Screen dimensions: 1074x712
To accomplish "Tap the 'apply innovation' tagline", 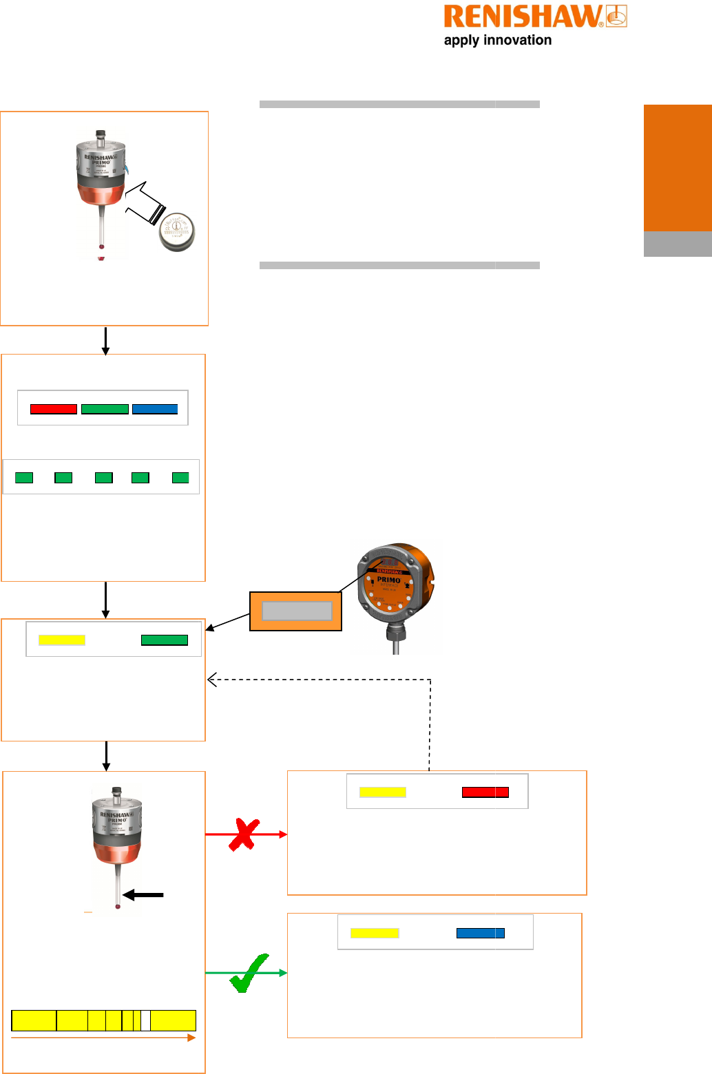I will coord(497,40).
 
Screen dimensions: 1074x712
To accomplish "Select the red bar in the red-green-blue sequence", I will coord(54,409).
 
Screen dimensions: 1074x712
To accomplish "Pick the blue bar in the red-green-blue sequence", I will coord(155,409).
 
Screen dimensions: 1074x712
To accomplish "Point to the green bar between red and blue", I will coord(105,409).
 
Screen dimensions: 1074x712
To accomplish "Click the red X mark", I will coord(243,834).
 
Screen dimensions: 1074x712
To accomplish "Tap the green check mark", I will coord(249,973).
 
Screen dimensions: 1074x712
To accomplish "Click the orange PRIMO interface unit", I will coord(395,585).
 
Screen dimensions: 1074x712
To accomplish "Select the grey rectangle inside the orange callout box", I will coord(297,611).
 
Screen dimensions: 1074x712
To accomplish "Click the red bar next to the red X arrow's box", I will coord(485,792).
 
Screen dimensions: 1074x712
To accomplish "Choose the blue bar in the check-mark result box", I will coord(480,934).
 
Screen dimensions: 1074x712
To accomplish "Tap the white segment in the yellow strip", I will coord(145,1020).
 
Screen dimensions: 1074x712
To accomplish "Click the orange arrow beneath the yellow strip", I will coord(103,1038).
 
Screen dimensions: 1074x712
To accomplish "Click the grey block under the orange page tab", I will coord(678,244).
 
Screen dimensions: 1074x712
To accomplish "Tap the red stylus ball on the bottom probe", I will coord(118,907).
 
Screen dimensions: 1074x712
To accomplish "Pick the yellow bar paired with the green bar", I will coord(62,640).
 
